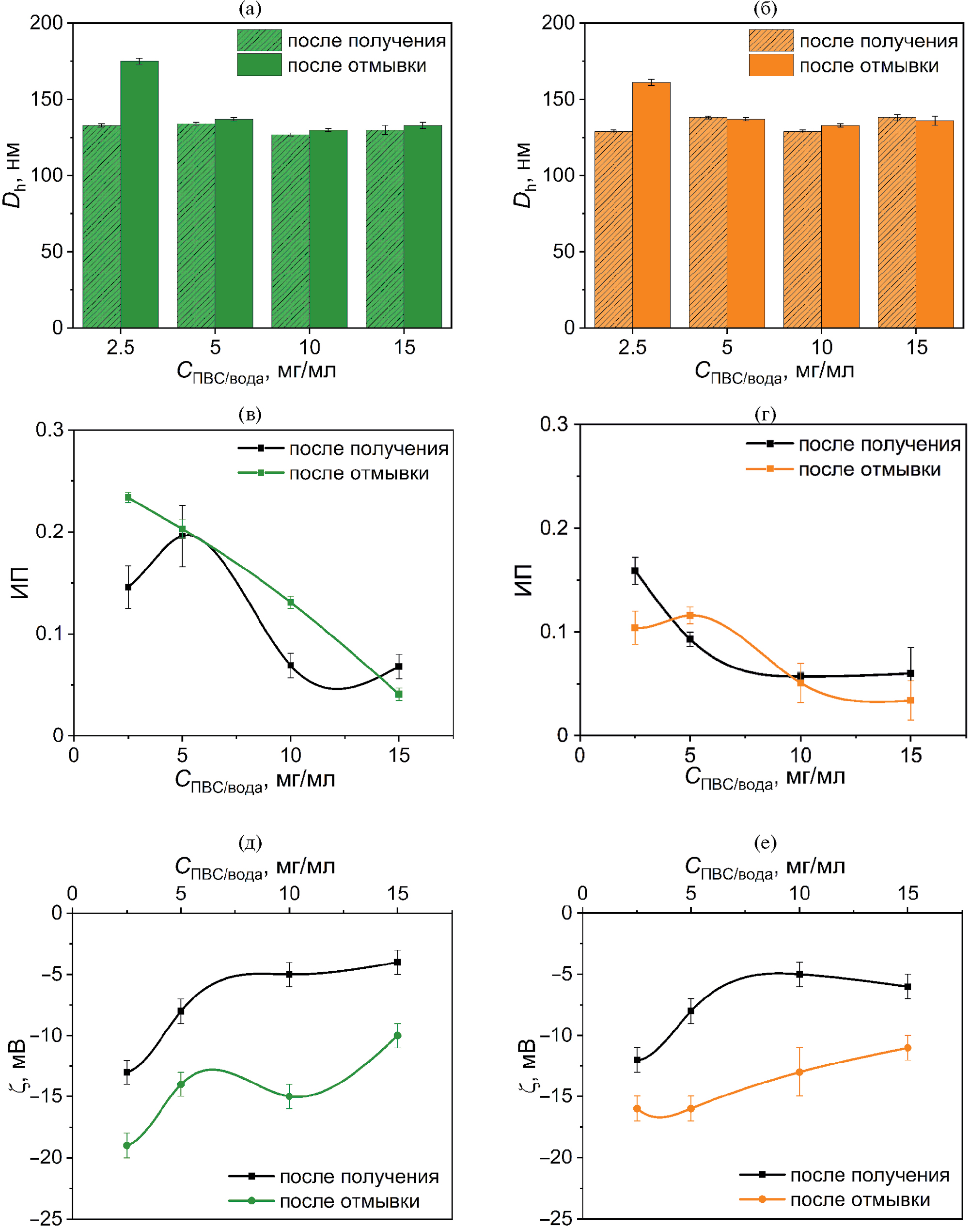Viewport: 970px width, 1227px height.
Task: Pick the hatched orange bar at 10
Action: coord(802,230)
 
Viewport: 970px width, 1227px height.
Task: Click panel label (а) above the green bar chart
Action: coord(250,9)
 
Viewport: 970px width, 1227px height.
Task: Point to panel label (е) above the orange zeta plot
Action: coord(765,842)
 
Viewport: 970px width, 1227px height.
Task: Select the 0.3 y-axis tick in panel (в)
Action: coord(50,430)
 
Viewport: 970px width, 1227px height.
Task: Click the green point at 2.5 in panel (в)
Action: coord(128,497)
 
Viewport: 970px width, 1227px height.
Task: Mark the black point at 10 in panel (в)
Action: coord(291,665)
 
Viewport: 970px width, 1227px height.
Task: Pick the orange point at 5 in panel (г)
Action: coord(690,615)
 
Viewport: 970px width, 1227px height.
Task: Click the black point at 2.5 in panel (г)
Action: coord(635,571)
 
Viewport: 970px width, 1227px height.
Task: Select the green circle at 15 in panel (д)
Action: coord(397,1035)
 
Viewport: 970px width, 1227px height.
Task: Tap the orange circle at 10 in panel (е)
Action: coord(799,1072)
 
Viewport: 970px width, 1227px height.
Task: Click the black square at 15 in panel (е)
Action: coord(907,987)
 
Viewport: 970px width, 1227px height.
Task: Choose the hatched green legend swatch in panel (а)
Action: coord(259,40)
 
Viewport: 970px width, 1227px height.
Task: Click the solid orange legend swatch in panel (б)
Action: coord(771,65)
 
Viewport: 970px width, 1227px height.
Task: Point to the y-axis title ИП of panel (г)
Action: coord(524,580)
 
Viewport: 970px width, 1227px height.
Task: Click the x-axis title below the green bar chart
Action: coord(256,372)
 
